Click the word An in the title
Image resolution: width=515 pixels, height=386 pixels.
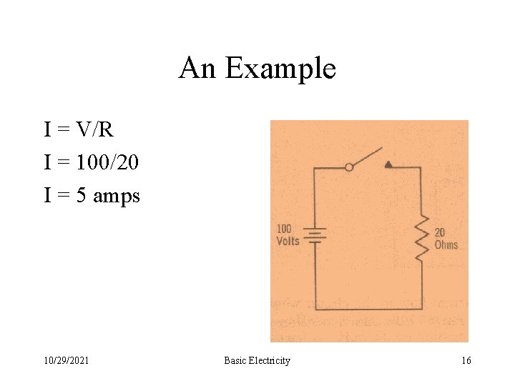[197, 69]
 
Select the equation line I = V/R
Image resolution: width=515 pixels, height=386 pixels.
[79, 130]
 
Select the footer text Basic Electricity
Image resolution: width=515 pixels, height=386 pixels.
[257, 361]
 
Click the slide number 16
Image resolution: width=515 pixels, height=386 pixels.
[466, 361]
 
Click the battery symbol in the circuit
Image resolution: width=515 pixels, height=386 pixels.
[315, 237]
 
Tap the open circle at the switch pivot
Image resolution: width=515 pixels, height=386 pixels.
[349, 167]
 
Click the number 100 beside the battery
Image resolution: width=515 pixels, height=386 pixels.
[284, 229]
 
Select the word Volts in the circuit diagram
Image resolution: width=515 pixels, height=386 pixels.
[288, 241]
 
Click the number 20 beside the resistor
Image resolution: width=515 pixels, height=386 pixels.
[440, 233]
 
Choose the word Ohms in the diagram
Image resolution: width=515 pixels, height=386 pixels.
[446, 244]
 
